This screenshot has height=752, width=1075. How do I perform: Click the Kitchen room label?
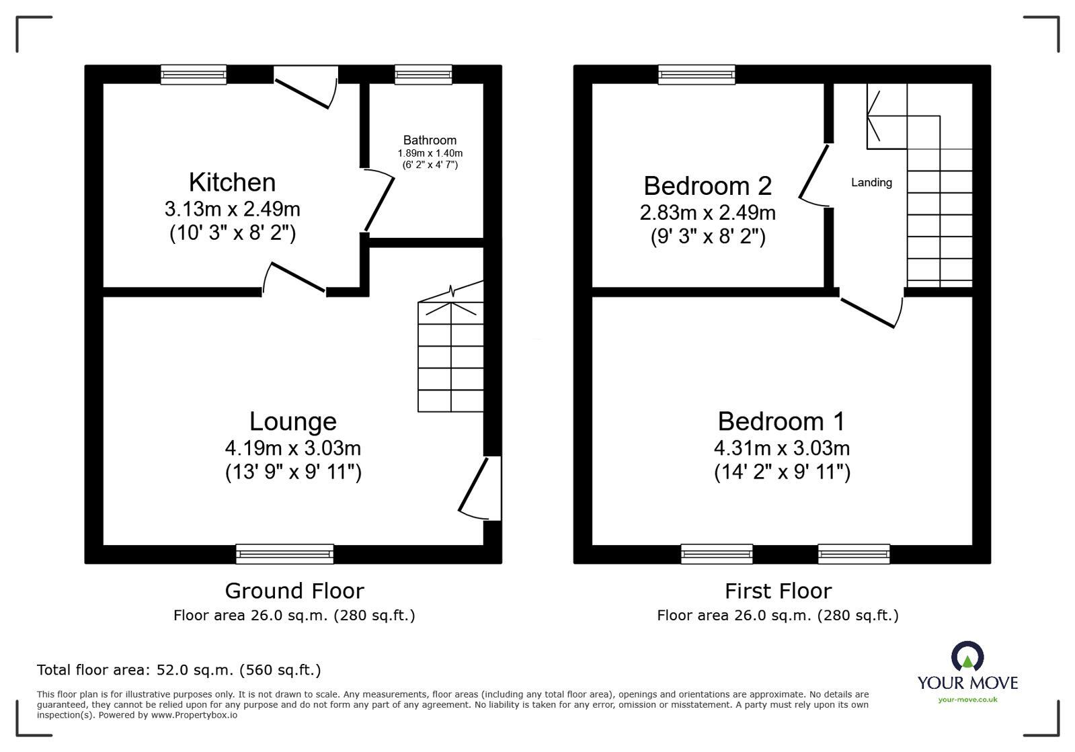(x=232, y=183)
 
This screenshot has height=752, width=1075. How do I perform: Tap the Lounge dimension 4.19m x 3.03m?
(x=293, y=448)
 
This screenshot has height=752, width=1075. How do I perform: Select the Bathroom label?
(x=430, y=140)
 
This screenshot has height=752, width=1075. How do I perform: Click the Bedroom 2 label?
(x=707, y=186)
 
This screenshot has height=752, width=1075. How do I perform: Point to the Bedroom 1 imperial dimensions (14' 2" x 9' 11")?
(x=782, y=472)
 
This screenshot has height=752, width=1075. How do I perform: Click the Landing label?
(x=871, y=182)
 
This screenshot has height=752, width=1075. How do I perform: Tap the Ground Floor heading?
(x=294, y=591)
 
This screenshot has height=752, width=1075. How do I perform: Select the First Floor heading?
(x=778, y=591)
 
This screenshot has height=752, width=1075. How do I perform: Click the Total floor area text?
(x=179, y=670)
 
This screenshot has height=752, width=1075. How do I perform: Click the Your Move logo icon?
(x=967, y=657)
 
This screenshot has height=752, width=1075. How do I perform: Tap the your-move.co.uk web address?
(x=967, y=700)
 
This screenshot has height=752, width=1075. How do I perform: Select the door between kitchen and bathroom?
(x=379, y=200)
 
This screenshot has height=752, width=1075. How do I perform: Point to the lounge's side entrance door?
(x=479, y=489)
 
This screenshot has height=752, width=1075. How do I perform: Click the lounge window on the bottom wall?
(x=284, y=554)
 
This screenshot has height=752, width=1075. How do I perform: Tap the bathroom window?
(x=423, y=75)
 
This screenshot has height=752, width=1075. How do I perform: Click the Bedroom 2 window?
(x=696, y=75)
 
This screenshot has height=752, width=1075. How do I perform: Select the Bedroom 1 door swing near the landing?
(x=871, y=311)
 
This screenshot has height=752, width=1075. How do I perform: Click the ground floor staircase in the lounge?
(x=450, y=356)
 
